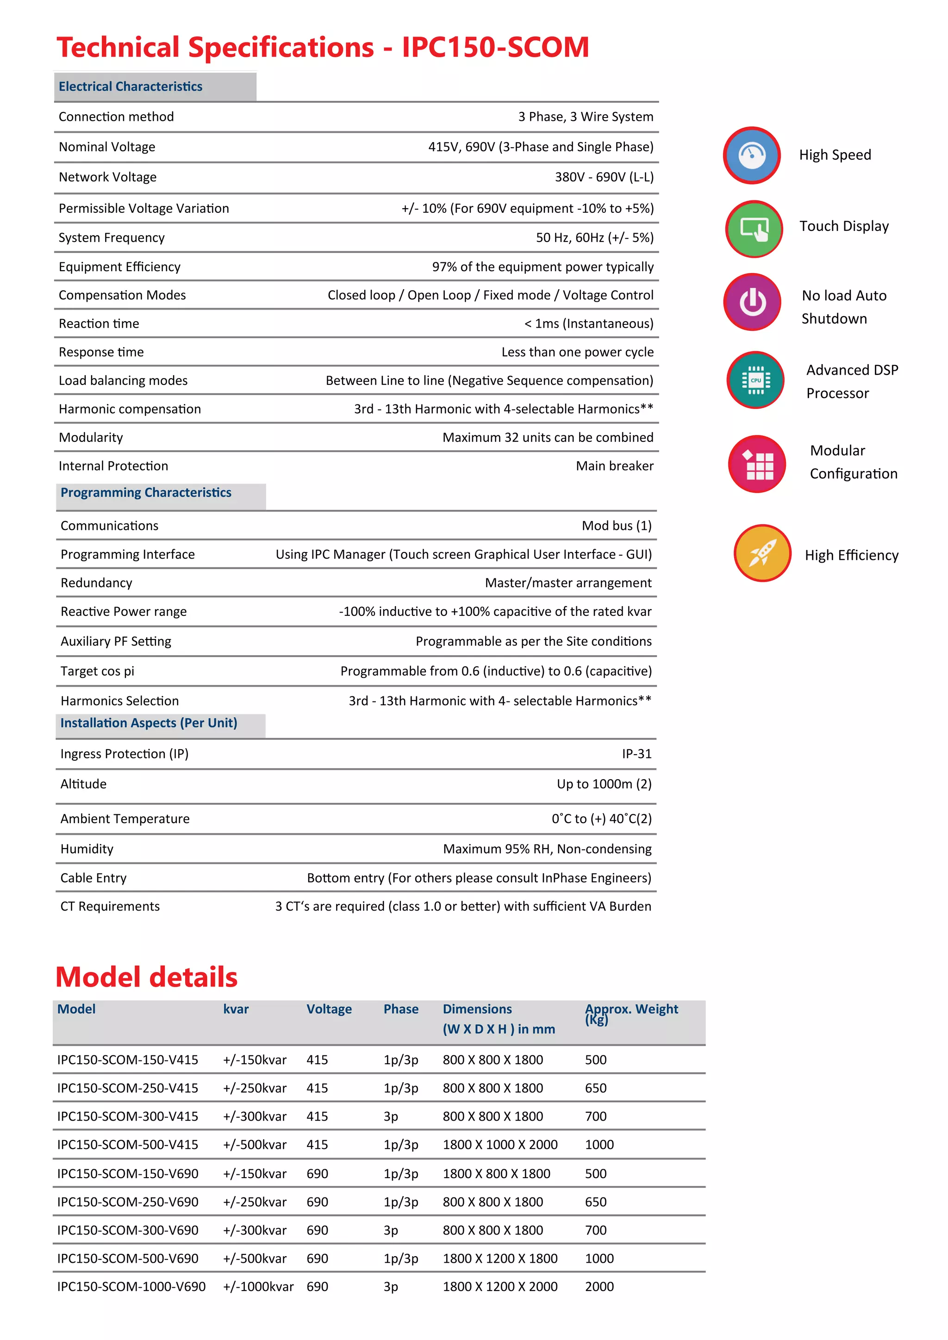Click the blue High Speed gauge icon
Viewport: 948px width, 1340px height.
click(752, 155)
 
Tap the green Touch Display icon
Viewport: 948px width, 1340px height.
click(754, 229)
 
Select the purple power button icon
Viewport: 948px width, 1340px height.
click(753, 302)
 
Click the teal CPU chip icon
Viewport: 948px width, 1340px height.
click(755, 380)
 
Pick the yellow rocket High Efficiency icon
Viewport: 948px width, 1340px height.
click(762, 552)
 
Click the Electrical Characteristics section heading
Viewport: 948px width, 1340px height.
click(131, 87)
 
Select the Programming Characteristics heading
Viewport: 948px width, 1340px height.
click(146, 493)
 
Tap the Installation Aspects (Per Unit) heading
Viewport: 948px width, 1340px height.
click(149, 723)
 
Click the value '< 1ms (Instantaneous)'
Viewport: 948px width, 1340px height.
click(588, 323)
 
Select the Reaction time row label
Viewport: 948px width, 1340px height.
click(99, 323)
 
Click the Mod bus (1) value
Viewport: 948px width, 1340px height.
click(617, 525)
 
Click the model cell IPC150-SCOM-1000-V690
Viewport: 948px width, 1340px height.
click(131, 1286)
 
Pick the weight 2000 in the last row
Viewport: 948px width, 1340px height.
click(599, 1286)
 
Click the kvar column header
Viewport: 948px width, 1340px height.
click(236, 1009)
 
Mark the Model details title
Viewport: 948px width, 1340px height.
click(147, 977)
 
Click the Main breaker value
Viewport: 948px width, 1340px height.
click(614, 466)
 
